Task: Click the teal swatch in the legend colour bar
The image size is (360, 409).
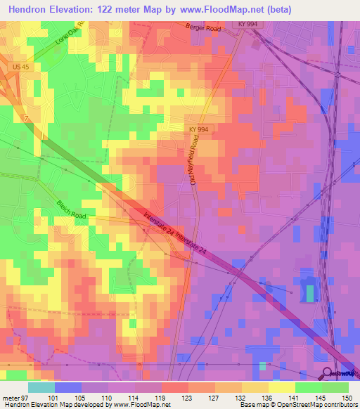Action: [x=41, y=387]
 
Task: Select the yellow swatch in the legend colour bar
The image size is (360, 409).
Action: [x=281, y=387]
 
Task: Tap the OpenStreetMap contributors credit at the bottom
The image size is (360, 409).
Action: [x=318, y=405]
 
